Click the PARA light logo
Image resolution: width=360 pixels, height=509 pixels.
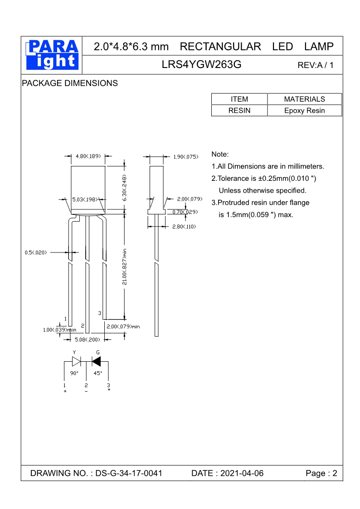(x=52, y=55)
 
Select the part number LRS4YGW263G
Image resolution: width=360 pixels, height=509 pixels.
(x=201, y=65)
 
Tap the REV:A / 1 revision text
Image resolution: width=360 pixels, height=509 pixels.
(x=315, y=65)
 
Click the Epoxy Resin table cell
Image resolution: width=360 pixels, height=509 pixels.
(x=305, y=111)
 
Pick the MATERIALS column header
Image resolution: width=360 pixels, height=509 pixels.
(x=305, y=99)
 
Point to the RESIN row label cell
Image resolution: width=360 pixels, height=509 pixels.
(x=239, y=111)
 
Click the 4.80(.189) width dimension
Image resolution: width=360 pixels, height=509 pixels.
(x=88, y=156)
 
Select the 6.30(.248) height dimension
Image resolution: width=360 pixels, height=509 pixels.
(x=124, y=188)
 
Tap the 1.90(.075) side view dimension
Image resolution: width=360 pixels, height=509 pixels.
(x=186, y=157)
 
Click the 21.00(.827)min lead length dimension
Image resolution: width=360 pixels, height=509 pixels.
(x=124, y=267)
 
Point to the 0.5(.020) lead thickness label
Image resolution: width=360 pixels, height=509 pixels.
(x=36, y=252)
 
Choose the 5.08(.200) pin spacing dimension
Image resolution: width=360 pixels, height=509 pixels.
(x=88, y=339)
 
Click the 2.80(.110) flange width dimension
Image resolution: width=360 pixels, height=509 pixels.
(x=184, y=227)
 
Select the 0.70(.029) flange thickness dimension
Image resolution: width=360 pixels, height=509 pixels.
(x=185, y=212)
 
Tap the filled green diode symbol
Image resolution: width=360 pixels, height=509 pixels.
(x=96, y=361)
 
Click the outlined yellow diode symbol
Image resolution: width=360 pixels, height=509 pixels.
(x=76, y=361)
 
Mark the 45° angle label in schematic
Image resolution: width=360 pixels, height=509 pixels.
(x=98, y=373)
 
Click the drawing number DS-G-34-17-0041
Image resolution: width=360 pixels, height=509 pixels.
(x=129, y=473)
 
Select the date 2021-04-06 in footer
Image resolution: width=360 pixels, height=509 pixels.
(x=242, y=473)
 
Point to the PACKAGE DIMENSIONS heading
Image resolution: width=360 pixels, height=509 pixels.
(x=70, y=83)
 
